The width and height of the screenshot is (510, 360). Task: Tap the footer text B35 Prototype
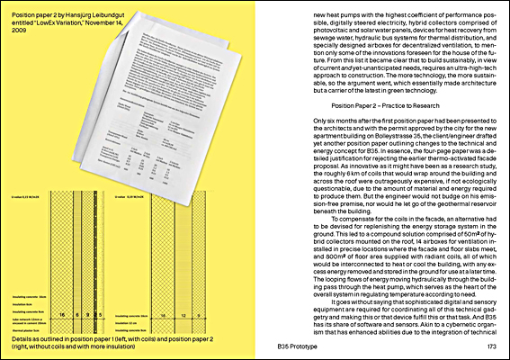pos(280,346)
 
